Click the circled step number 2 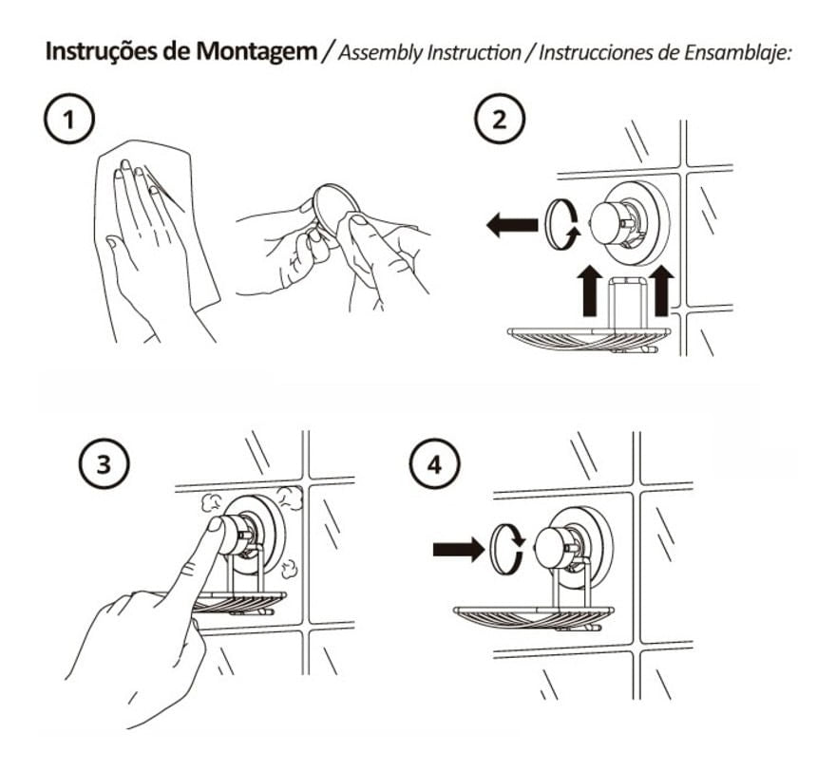click(501, 121)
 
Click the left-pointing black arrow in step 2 click(510, 225)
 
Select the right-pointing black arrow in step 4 click(456, 549)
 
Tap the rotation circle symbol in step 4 click(503, 550)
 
